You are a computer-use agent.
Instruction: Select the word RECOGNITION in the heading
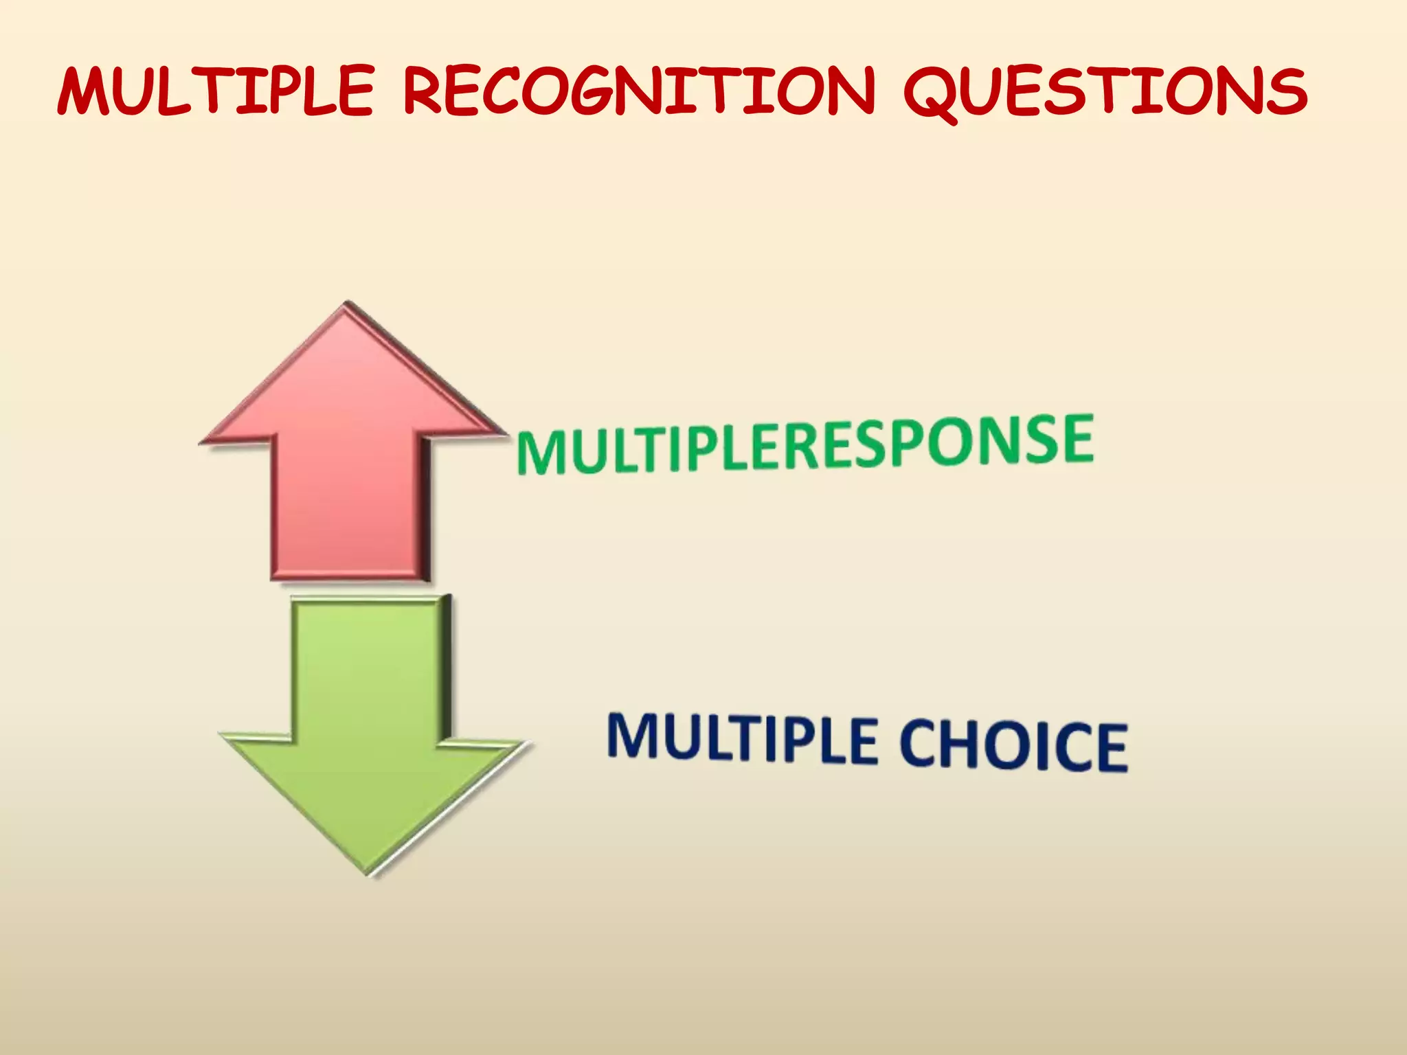point(639,91)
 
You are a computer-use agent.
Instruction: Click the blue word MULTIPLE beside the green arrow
point(742,738)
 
